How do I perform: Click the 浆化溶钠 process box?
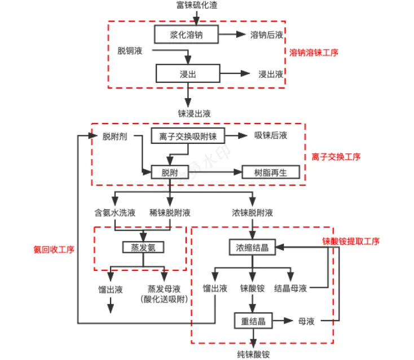click(x=186, y=34)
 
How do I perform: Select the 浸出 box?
click(x=188, y=73)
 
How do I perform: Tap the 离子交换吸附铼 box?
click(x=188, y=136)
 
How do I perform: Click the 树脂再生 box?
click(x=271, y=172)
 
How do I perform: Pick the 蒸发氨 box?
click(x=143, y=247)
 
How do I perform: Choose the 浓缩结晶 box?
click(x=253, y=247)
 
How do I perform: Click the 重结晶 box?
click(x=253, y=321)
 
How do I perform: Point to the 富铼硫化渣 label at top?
click(x=197, y=5)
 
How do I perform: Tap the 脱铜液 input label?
click(x=130, y=50)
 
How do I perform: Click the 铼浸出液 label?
click(x=195, y=113)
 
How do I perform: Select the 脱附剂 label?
click(x=114, y=137)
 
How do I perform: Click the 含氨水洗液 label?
click(x=115, y=213)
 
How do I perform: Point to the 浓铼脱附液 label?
click(x=253, y=213)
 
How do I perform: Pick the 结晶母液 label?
click(x=290, y=288)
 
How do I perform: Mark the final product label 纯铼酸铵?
click(x=253, y=354)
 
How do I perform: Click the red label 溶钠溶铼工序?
click(x=314, y=52)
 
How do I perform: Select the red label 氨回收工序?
click(x=54, y=249)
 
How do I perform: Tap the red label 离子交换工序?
click(x=336, y=157)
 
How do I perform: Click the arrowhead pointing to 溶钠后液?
click(x=241, y=34)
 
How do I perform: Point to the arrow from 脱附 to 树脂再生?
click(x=215, y=172)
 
